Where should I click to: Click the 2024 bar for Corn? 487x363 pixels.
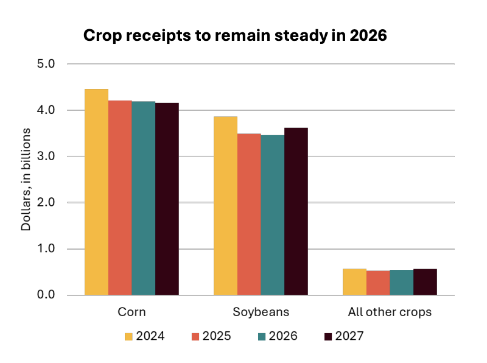96,192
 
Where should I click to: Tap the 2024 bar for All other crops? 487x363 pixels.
354,282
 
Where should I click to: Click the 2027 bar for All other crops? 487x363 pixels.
425,282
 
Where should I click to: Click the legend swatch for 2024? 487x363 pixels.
128,336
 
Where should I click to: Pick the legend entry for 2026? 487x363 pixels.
278,336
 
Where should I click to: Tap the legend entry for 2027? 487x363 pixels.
345,336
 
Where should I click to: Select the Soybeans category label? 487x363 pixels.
261,312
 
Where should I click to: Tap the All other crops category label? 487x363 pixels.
390,312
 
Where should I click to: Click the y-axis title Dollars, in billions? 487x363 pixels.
26,180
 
